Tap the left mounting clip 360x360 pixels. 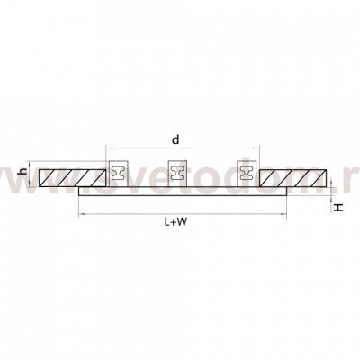[118, 173]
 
